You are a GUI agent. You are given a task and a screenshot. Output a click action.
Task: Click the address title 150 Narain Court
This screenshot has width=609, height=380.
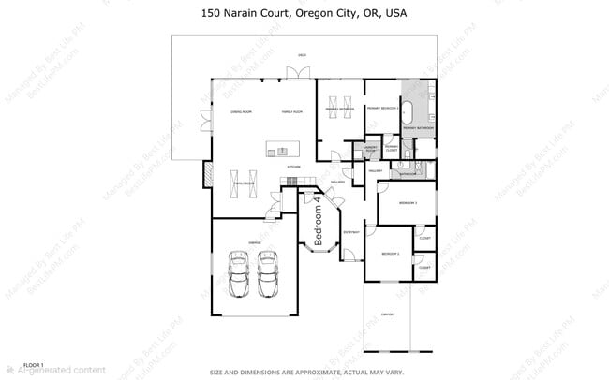(x=304, y=14)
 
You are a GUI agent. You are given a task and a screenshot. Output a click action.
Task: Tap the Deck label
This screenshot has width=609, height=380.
(x=302, y=55)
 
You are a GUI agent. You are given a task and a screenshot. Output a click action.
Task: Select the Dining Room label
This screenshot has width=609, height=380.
(x=241, y=111)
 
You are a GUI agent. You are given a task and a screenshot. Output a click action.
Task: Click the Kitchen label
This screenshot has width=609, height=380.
(x=292, y=167)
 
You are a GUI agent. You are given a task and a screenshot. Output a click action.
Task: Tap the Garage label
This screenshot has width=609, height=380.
(x=254, y=242)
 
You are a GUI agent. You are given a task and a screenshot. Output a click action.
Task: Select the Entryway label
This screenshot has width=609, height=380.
(x=351, y=231)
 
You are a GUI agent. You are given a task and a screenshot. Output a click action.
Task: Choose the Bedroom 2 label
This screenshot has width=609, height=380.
(x=390, y=254)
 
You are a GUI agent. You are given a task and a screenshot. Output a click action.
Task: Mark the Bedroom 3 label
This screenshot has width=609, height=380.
(x=408, y=202)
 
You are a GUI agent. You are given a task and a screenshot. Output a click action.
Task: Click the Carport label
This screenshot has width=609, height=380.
(x=387, y=314)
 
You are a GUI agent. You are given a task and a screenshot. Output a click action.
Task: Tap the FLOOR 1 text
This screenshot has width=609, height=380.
(x=34, y=363)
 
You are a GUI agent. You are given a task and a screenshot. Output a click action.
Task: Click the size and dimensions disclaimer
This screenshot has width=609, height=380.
(x=306, y=371)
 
